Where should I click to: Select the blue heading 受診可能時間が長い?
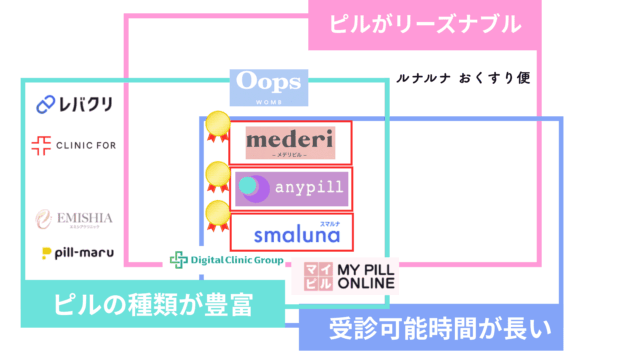point(432,329)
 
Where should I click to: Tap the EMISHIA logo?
point(75,218)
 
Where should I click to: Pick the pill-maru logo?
point(77,253)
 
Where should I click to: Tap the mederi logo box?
point(290,143)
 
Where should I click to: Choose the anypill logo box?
point(290,187)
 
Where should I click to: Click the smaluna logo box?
point(290,231)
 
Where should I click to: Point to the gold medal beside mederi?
point(216,128)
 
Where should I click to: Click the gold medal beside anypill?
point(216,176)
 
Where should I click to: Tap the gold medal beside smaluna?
point(216,217)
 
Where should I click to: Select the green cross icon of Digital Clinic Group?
point(178,260)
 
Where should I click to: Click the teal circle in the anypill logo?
point(248,185)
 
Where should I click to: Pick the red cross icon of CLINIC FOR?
point(42,146)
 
